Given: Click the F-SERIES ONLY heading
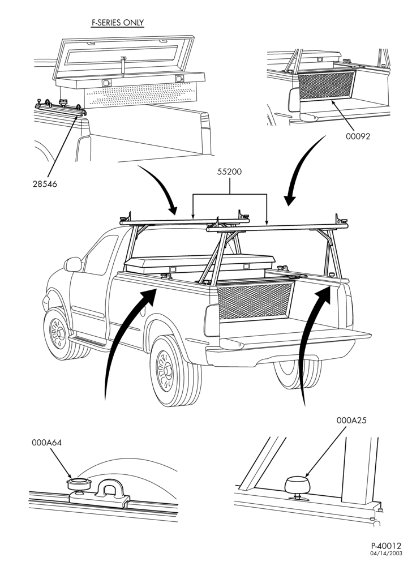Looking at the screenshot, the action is (x=118, y=23).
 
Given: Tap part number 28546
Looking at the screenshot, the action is (x=45, y=184).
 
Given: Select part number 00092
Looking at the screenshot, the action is (x=358, y=136).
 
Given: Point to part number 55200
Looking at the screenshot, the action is (x=229, y=172).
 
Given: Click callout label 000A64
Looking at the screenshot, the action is (x=46, y=443).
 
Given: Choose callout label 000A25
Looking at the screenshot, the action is (x=352, y=421).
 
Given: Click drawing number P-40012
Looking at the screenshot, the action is (x=386, y=546).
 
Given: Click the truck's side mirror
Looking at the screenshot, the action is (x=73, y=264).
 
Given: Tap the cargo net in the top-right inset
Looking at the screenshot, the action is (x=327, y=85).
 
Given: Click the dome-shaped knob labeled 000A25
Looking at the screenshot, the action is (x=297, y=485).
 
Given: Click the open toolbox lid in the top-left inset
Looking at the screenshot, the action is (x=125, y=56).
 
